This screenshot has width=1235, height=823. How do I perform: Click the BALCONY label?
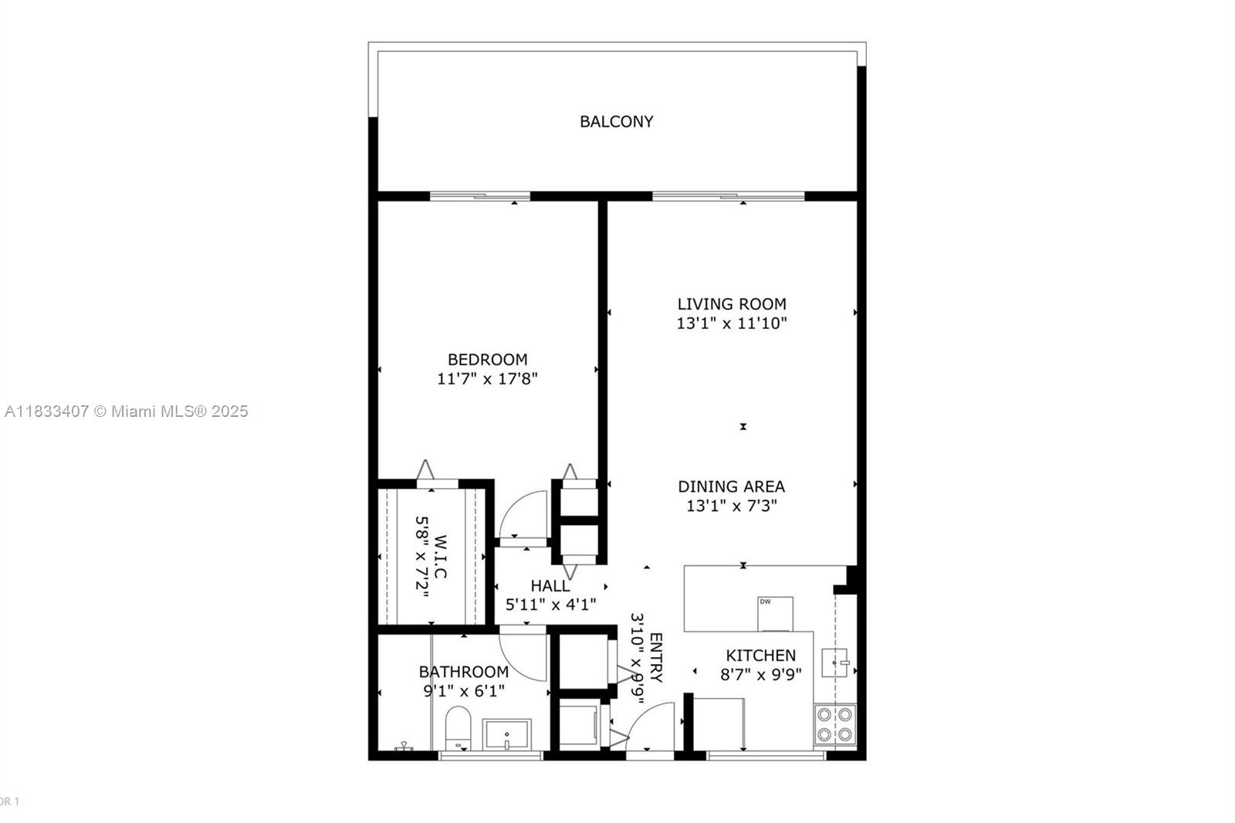(x=616, y=121)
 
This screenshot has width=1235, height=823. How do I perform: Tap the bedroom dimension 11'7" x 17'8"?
(x=487, y=379)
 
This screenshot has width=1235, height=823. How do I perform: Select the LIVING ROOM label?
(x=732, y=304)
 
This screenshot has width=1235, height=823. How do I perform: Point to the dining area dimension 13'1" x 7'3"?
(x=731, y=506)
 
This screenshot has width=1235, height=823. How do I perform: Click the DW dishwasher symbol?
(x=775, y=613)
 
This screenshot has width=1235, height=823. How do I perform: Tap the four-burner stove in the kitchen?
(x=834, y=725)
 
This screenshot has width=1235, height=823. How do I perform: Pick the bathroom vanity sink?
(x=506, y=734)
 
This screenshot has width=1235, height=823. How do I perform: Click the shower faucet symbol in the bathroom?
(x=403, y=747)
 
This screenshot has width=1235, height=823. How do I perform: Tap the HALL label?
(x=550, y=586)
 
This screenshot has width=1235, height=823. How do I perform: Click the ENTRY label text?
(x=656, y=658)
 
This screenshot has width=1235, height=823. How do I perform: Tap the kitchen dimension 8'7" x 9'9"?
(x=760, y=674)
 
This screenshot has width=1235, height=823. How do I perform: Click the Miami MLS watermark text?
(x=127, y=411)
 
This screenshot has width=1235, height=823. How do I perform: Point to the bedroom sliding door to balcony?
(x=479, y=196)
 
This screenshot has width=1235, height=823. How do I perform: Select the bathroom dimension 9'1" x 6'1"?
(x=464, y=691)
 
